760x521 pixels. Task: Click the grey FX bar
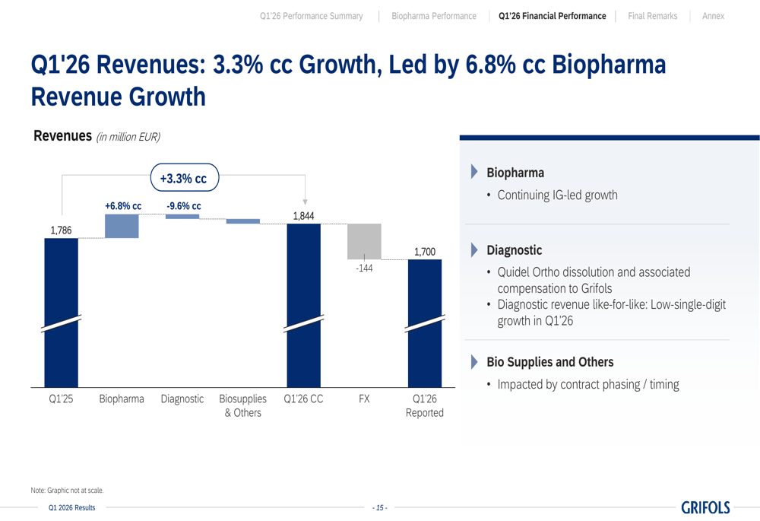point(364,241)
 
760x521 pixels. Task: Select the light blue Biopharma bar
point(122,226)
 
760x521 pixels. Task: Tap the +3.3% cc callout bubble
point(185,177)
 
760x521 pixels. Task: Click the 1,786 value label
point(61,230)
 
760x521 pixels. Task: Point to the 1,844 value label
point(303,216)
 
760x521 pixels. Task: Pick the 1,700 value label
point(425,252)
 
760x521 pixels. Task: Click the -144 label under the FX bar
point(364,268)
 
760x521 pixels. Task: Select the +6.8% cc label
point(123,205)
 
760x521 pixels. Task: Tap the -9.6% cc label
point(184,205)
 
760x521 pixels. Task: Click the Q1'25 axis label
point(61,399)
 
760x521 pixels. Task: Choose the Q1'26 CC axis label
point(303,399)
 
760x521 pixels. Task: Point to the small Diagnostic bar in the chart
point(182,216)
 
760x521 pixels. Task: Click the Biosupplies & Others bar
point(243,221)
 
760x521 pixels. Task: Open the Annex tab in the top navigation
point(713,16)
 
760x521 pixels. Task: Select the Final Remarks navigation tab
point(652,16)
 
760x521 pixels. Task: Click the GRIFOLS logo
point(705,507)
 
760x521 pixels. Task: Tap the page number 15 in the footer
point(380,508)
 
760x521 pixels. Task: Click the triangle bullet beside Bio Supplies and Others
point(474,362)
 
